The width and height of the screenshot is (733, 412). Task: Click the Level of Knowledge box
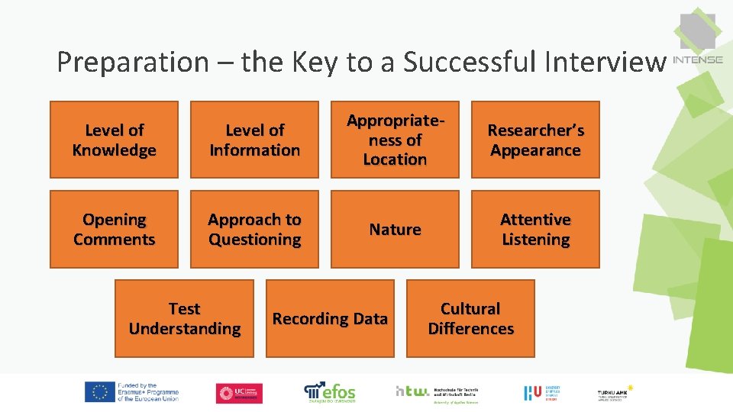114,140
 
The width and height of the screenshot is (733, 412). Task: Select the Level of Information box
254,140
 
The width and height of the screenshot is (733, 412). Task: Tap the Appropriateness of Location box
395,140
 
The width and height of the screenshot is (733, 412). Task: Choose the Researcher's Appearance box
535,140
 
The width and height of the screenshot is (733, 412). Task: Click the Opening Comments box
114,229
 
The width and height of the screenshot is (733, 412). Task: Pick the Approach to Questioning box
254,229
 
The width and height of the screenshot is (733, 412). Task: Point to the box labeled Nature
395,229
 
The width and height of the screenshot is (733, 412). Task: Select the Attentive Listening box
535,229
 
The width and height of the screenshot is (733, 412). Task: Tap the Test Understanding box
184,318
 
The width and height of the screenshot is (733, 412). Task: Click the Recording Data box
330,318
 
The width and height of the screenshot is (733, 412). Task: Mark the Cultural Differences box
470,318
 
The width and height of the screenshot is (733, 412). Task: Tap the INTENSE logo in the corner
698,42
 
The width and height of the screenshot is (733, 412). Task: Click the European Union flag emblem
99,392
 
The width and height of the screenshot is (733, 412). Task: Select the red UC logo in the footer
239,393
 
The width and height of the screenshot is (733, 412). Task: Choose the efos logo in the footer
330,392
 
